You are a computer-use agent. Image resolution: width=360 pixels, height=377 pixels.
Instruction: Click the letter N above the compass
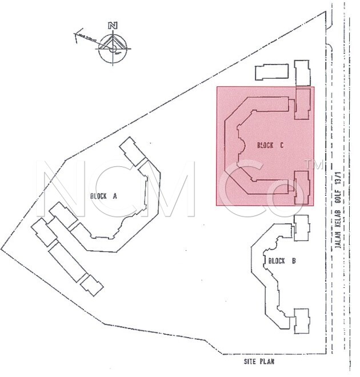tap(114, 26)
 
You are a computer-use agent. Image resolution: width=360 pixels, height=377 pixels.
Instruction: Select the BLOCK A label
tap(103, 196)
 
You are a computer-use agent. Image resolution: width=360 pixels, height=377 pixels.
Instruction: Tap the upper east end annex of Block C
tap(302, 103)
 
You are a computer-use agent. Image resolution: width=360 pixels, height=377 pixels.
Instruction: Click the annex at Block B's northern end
tap(301, 227)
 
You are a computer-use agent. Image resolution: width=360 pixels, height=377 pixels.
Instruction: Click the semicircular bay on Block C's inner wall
tap(242, 146)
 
